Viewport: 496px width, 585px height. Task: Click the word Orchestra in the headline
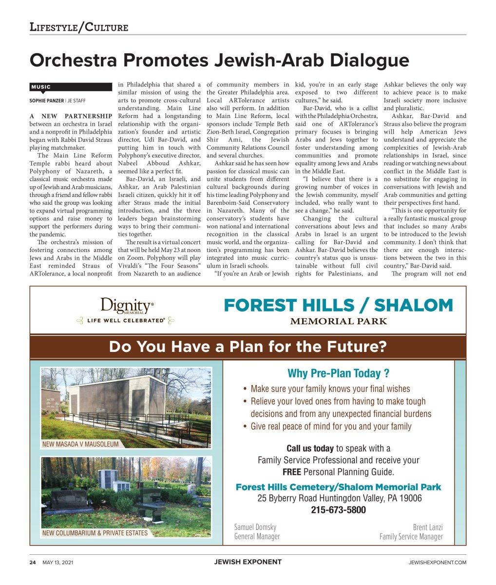[x=74, y=61]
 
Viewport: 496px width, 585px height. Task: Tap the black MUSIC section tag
[x=41, y=87]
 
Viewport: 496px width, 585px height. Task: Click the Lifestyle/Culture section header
[x=79, y=27]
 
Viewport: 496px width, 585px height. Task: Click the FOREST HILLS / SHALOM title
[x=338, y=306]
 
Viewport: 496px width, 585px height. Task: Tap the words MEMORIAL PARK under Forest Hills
[x=338, y=321]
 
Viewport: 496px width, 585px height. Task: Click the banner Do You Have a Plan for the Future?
[x=248, y=347]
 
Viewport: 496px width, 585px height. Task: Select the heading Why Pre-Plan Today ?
[x=338, y=373]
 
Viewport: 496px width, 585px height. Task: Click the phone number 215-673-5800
[x=338, y=510]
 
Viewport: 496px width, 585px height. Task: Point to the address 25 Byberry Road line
[x=339, y=498]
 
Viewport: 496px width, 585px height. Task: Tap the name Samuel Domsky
[x=255, y=527]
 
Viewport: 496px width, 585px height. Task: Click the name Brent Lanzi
[x=427, y=527]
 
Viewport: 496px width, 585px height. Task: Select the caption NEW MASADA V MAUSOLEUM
[x=80, y=444]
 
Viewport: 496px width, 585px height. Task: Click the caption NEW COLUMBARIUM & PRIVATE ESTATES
[x=95, y=533]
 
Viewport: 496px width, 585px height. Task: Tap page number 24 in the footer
[x=33, y=563]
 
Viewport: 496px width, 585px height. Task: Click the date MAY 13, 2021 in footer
[x=57, y=563]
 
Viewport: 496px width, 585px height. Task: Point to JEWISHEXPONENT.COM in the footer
[x=437, y=563]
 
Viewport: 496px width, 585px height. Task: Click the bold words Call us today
[x=310, y=448]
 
